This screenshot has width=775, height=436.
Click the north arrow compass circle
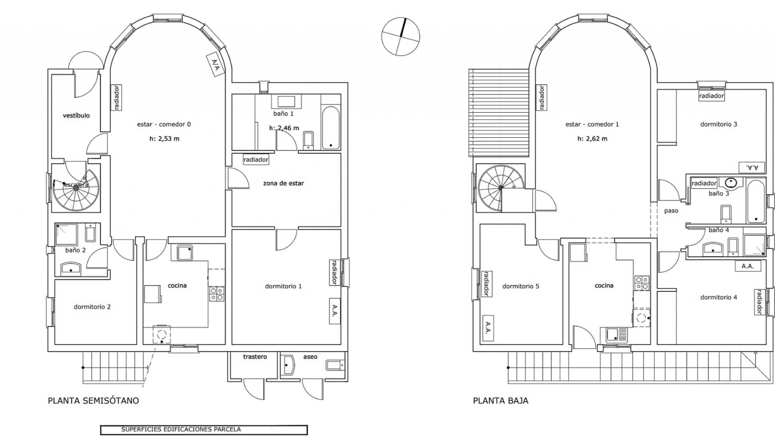400,36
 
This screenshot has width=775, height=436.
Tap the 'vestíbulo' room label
76,115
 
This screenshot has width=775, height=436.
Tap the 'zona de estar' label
283,183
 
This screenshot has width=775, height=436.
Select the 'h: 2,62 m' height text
592,138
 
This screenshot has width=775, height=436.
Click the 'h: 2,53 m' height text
164,138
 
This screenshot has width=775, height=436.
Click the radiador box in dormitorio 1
334,272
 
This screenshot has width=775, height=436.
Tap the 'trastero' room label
255,357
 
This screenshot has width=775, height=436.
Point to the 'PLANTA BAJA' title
501,401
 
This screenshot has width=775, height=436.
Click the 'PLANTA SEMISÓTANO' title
93,401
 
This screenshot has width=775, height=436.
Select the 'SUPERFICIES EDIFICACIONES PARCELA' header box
204,430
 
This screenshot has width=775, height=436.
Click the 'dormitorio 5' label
521,286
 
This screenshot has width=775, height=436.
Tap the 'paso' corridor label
671,211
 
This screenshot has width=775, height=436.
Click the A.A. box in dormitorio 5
488,327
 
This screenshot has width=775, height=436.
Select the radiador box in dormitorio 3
711,96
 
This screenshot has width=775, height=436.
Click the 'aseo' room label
310,357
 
